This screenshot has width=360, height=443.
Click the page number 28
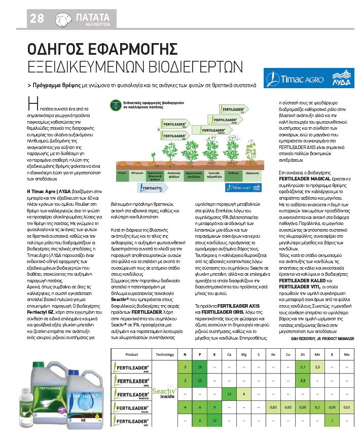coord(37,18)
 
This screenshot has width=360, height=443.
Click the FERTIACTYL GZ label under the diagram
coord(151,188)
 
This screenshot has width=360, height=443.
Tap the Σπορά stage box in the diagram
coord(122,173)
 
